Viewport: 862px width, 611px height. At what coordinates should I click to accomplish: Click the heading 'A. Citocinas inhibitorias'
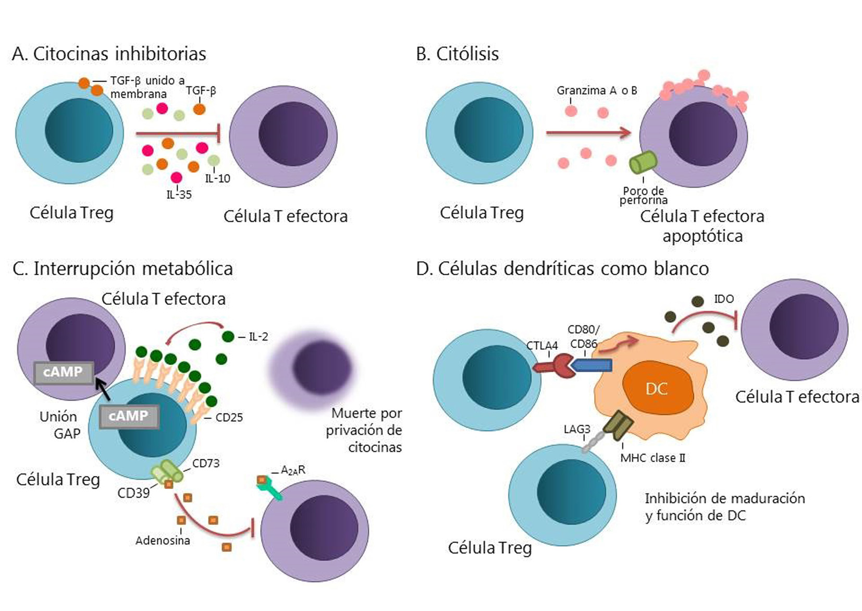(x=109, y=54)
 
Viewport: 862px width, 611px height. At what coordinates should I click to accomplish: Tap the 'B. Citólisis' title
(x=457, y=54)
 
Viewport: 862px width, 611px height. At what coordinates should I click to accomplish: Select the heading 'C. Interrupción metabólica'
(x=122, y=269)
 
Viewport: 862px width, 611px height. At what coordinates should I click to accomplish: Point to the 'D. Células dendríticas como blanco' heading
(x=562, y=269)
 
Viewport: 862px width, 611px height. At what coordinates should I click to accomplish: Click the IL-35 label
(x=179, y=195)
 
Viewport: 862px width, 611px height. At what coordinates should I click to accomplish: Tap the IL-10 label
(x=217, y=179)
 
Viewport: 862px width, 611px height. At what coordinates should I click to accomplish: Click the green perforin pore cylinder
(x=643, y=163)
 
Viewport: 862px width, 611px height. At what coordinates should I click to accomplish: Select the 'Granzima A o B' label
(x=597, y=91)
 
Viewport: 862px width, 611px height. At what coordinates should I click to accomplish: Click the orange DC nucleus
(x=657, y=389)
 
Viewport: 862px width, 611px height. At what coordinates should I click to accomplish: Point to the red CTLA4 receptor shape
(x=555, y=366)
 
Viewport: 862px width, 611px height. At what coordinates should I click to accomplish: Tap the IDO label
(x=723, y=299)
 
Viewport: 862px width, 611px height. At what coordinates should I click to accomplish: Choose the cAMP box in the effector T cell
(x=64, y=372)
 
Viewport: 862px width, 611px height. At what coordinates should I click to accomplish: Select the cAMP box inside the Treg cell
(x=129, y=417)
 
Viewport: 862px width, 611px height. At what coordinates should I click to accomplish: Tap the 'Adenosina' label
(x=163, y=541)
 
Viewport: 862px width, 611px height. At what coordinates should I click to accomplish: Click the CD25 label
(x=229, y=418)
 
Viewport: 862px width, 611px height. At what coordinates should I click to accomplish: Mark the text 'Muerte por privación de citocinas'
(x=365, y=430)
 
